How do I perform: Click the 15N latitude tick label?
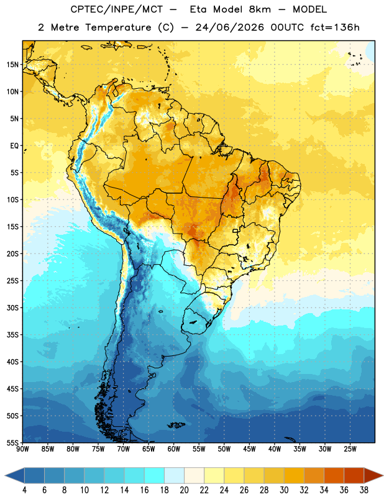pyautogui.click(x=12, y=65)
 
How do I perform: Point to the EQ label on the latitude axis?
pyautogui.click(x=14, y=146)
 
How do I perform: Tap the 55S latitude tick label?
pyautogui.click(x=12, y=442)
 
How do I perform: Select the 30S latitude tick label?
pyautogui.click(x=12, y=308)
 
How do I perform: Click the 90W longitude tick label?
pyautogui.click(x=22, y=449)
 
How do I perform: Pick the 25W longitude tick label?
pyautogui.click(x=350, y=449)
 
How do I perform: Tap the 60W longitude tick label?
pyautogui.click(x=174, y=449)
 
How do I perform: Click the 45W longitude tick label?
pyautogui.click(x=250, y=449)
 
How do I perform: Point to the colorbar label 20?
pyautogui.click(x=184, y=490)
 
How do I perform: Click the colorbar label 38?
pyautogui.click(x=364, y=490)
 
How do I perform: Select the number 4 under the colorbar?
pyautogui.click(x=24, y=490)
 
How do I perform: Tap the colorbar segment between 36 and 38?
pyautogui.click(x=354, y=475)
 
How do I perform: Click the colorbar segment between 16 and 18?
pyautogui.click(x=154, y=475)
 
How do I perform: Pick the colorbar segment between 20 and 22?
pyautogui.click(x=194, y=475)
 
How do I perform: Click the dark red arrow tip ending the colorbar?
pyautogui.click(x=373, y=475)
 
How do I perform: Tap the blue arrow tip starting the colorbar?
pyautogui.click(x=14, y=475)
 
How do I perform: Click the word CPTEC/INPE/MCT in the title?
pyautogui.click(x=116, y=9)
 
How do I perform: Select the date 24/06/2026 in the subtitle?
pyautogui.click(x=229, y=27)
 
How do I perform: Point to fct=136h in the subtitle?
pyautogui.click(x=335, y=27)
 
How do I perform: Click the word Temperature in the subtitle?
pyautogui.click(x=118, y=27)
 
